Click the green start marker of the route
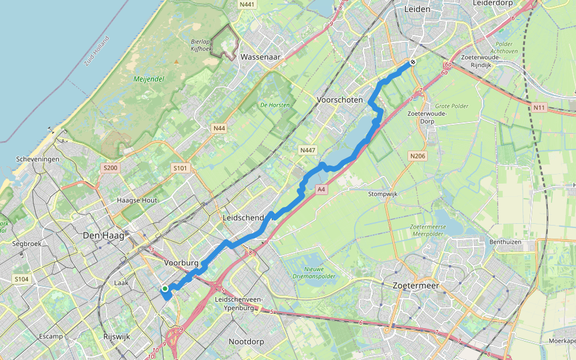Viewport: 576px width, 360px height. (164, 289)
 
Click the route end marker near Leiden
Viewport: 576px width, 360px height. (413, 62)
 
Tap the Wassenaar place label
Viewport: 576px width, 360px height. (261, 57)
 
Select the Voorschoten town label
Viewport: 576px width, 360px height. (339, 100)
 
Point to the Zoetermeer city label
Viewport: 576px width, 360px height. (416, 286)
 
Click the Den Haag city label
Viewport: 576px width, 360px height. (104, 235)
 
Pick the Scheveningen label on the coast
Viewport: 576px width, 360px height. (38, 159)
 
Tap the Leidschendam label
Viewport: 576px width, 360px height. (244, 217)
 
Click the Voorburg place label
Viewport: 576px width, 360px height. (181, 262)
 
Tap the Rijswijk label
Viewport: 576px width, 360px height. (116, 337)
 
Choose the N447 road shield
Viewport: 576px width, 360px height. (307, 149)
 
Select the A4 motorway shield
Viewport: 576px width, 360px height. (322, 190)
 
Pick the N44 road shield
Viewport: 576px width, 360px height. (219, 128)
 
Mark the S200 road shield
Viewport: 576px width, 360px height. (110, 168)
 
